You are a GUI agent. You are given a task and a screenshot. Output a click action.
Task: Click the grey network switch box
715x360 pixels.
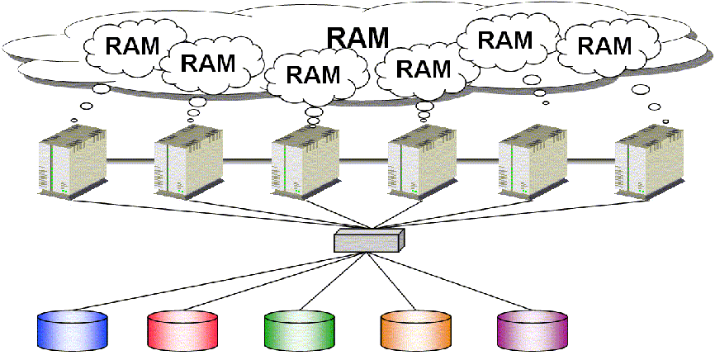click(x=369, y=239)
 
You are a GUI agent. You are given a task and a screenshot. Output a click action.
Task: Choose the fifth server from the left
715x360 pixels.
click(x=533, y=159)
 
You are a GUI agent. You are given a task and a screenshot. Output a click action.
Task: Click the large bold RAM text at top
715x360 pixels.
click(x=357, y=36)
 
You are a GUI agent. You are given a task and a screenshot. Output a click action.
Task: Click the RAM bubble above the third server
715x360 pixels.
click(x=313, y=74)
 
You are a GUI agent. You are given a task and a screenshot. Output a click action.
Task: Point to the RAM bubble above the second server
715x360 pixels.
click(x=207, y=63)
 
